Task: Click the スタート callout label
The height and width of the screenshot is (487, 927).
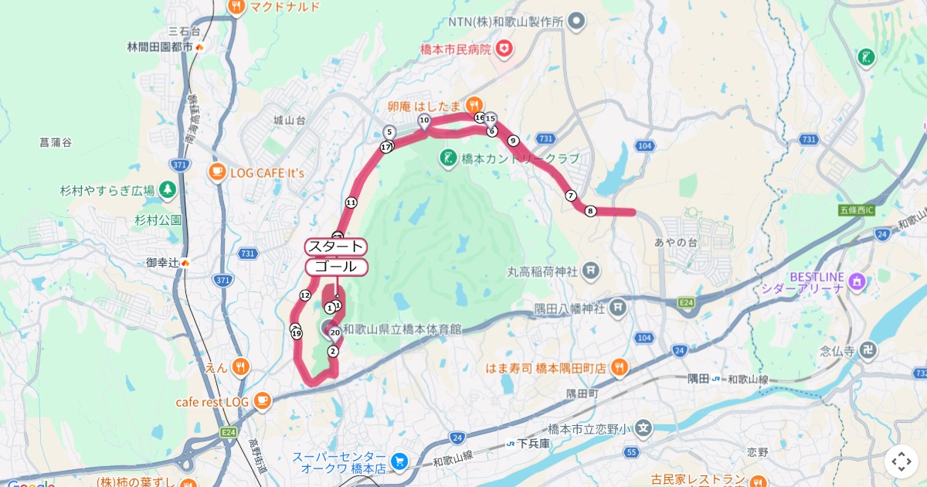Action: click(336, 247)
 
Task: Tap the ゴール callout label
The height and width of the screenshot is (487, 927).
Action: click(336, 267)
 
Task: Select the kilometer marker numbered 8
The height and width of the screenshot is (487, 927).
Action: click(590, 211)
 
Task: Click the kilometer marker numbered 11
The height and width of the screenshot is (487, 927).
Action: click(351, 203)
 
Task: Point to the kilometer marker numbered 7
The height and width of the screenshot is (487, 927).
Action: click(571, 196)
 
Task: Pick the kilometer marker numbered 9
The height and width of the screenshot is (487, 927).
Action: click(513, 141)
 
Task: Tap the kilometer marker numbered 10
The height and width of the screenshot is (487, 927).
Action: click(424, 120)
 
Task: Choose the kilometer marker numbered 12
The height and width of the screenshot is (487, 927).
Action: click(305, 295)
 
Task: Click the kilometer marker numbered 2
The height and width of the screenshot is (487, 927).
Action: click(333, 351)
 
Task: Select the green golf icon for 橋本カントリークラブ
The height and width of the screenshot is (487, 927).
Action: click(447, 159)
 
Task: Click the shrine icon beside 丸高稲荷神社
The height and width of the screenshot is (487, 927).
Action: click(591, 271)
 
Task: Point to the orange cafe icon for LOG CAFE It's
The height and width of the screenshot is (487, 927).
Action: click(216, 172)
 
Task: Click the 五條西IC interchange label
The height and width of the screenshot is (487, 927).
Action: click(855, 210)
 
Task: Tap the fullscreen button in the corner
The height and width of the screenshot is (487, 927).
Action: click(902, 461)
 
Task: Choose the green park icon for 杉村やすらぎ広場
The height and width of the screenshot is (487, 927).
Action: click(167, 190)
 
